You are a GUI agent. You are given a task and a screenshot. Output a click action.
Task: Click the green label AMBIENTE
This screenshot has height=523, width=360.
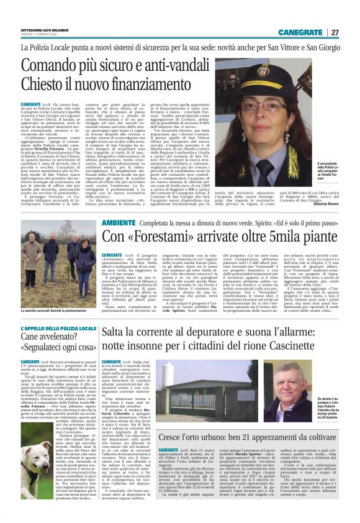(x=120, y=222)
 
